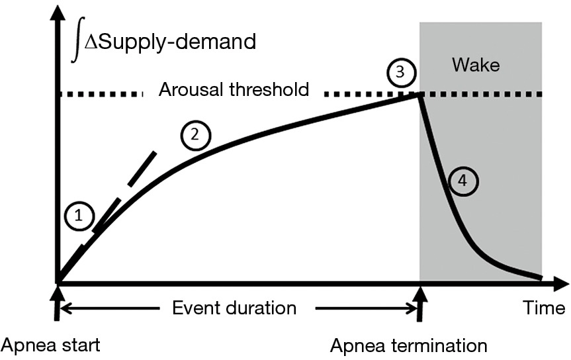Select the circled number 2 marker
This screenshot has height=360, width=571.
click(195, 135)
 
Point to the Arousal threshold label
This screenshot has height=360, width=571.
click(234, 89)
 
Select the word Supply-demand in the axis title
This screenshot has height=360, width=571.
click(179, 42)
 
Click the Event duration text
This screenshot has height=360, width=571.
click(234, 308)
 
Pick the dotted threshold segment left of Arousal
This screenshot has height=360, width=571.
click(99, 95)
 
